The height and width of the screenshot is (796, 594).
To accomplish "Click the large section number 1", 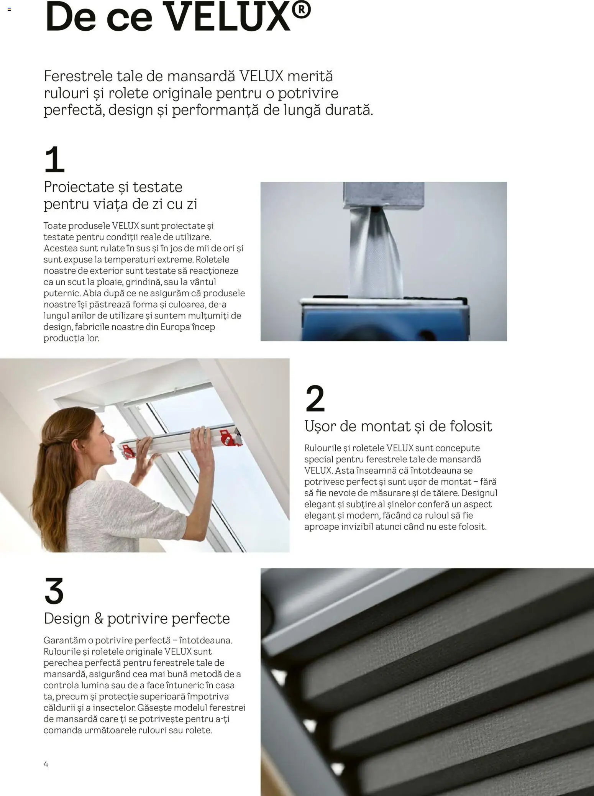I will [x=54, y=159].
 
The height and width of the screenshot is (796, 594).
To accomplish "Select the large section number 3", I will [x=54, y=591].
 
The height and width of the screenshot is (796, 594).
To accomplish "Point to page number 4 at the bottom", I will [x=46, y=764].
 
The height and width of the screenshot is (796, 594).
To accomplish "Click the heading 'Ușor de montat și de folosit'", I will [x=398, y=426].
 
